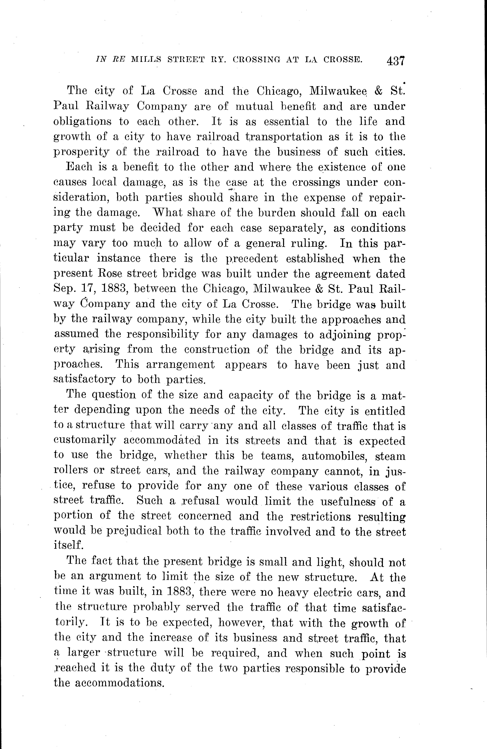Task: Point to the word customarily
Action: (x=85, y=441)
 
